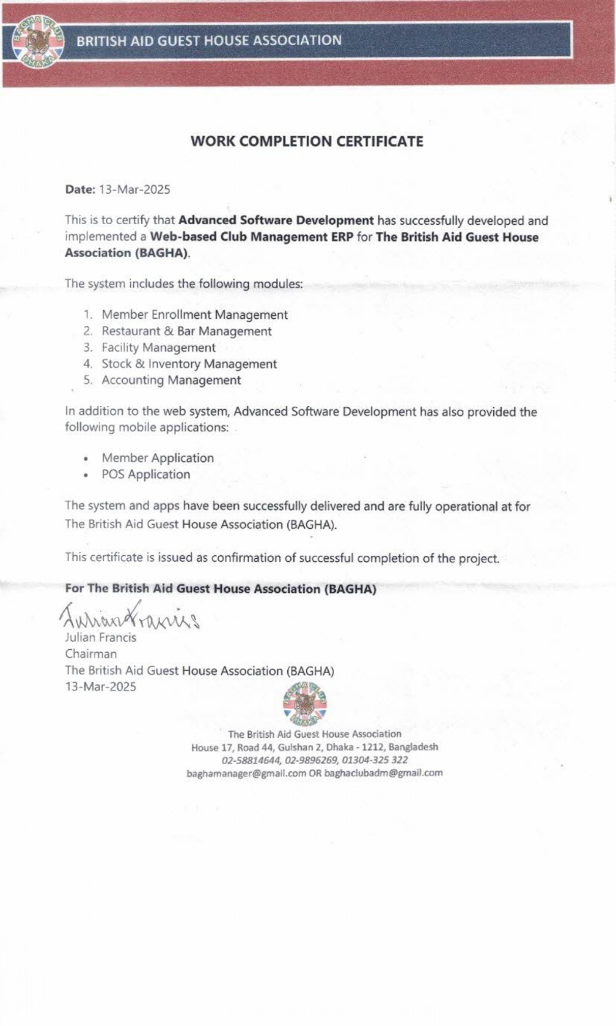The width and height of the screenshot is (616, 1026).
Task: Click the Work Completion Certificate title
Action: pyautogui.click(x=306, y=141)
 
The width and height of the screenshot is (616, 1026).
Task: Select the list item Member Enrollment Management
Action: pyautogui.click(x=194, y=315)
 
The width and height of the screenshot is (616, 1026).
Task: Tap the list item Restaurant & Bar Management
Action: pyautogui.click(x=186, y=331)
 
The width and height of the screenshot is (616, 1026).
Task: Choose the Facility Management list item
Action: pyautogui.click(x=159, y=348)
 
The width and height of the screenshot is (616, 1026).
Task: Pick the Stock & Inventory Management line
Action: pyautogui.click(x=189, y=364)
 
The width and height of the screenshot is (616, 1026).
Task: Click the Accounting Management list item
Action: pyautogui.click(x=171, y=380)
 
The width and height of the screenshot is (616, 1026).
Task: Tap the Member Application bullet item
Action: pyautogui.click(x=157, y=458)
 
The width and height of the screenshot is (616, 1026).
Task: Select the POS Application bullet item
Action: pyautogui.click(x=145, y=474)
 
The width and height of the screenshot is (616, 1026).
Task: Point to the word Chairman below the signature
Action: pyautogui.click(x=91, y=653)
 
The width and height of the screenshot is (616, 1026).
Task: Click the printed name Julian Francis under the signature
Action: pyautogui.click(x=101, y=637)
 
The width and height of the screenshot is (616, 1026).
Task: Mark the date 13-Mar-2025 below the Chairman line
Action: pyautogui.click(x=100, y=686)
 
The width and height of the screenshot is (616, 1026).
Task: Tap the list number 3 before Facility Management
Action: pyautogui.click(x=87, y=348)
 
